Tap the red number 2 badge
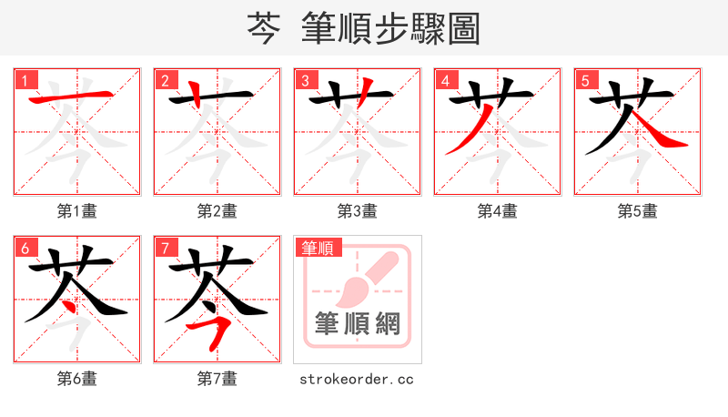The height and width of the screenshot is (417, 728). (x=165, y=80)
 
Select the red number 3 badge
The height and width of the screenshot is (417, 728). (x=305, y=80)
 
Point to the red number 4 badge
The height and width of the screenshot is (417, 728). (x=445, y=80)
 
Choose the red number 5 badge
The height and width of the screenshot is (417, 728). (x=585, y=80)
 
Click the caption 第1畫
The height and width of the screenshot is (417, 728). (x=77, y=211)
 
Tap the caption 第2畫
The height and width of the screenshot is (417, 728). (x=217, y=211)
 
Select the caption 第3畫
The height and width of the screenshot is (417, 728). (x=358, y=211)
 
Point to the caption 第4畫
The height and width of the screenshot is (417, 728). (x=498, y=211)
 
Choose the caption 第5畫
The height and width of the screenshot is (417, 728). (x=638, y=211)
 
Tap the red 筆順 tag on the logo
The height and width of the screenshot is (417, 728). (x=318, y=248)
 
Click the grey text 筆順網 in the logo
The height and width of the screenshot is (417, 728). (x=358, y=323)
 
